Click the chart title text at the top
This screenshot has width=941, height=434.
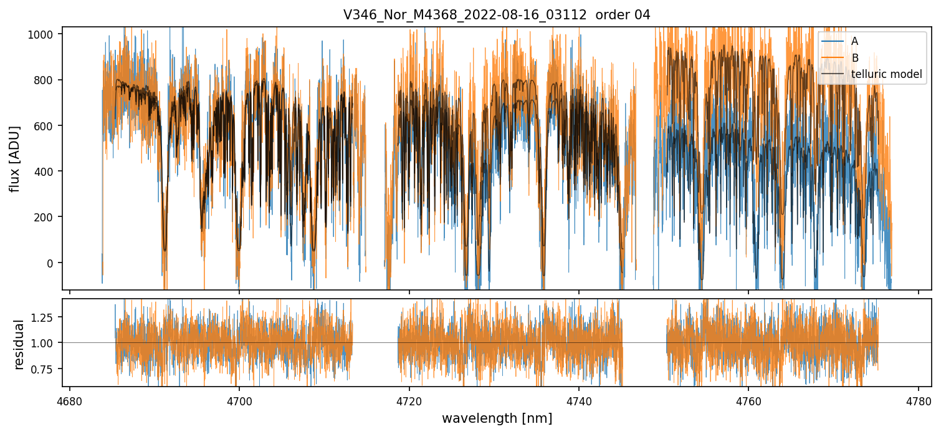point(497,15)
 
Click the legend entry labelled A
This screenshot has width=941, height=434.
point(854,41)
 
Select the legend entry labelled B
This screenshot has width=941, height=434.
point(854,58)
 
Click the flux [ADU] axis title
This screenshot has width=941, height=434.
point(14,158)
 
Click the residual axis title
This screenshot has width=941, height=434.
point(19,344)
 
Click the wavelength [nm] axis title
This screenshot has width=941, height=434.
point(497,418)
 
